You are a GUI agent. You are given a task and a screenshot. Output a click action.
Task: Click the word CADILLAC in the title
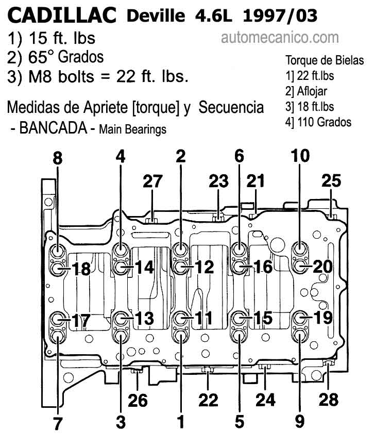(62, 15)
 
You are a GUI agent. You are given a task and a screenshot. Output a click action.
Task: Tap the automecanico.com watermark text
(280, 38)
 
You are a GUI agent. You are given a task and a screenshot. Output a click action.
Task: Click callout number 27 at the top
(152, 181)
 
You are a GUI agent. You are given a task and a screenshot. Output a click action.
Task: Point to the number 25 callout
(331, 181)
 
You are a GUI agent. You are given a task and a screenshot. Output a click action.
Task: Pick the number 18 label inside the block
(81, 269)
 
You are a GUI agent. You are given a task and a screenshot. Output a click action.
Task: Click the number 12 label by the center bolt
(203, 267)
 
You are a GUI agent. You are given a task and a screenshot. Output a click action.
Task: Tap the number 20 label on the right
(322, 267)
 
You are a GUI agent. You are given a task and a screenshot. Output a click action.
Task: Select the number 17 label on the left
(81, 320)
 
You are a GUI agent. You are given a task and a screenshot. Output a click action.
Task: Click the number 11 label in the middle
(203, 318)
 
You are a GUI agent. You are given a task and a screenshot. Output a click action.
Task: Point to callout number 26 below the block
(138, 400)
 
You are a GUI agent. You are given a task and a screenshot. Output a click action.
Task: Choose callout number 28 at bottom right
(329, 400)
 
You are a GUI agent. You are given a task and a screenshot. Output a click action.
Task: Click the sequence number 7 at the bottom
(58, 424)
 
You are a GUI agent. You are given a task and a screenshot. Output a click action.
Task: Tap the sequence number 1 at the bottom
(181, 422)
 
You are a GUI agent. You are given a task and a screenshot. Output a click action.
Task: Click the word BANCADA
(53, 128)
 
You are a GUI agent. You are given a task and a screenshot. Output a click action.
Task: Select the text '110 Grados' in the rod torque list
(325, 122)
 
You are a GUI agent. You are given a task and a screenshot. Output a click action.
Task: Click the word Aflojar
(312, 91)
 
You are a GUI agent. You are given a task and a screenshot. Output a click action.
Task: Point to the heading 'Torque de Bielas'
(325, 60)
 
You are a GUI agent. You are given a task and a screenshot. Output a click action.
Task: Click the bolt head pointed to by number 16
(239, 267)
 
